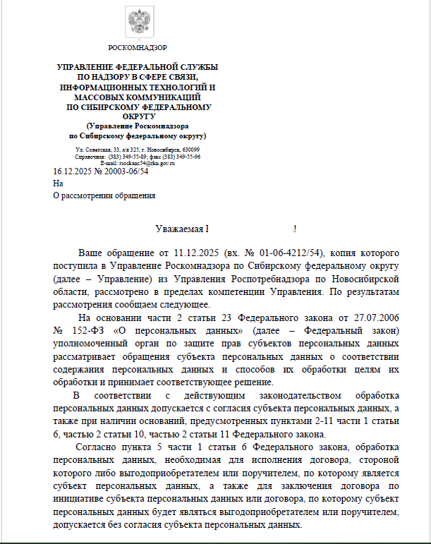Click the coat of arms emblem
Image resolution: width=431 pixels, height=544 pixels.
pos(137,22)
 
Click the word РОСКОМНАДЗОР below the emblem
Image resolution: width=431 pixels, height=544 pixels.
pos(138,48)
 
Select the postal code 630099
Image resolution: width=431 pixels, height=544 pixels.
pos(190,150)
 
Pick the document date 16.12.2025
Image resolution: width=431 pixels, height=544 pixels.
pos(73,171)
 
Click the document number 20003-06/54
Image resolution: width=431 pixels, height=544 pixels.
pos(126,171)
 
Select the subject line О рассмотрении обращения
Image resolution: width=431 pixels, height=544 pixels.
pos(104,196)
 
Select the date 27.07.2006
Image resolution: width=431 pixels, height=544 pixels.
pos(374,318)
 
